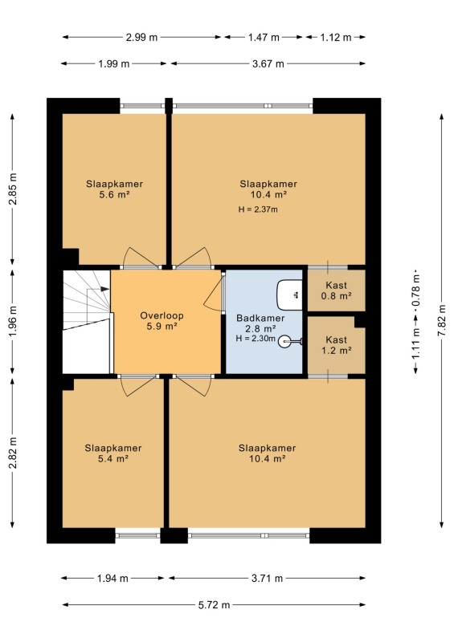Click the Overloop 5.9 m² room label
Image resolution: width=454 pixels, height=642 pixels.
pyautogui.click(x=162, y=321)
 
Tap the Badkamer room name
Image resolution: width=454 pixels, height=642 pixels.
pyautogui.click(x=260, y=318)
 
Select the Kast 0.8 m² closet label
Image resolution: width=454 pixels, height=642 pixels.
pyautogui.click(x=337, y=291)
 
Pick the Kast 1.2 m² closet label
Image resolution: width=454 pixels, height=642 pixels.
pyautogui.click(x=337, y=345)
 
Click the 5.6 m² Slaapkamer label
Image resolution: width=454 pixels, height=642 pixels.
pyautogui.click(x=114, y=189)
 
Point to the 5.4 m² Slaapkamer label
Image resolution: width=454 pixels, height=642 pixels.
pyautogui.click(x=113, y=453)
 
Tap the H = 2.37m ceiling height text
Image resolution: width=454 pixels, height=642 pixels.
pyautogui.click(x=258, y=209)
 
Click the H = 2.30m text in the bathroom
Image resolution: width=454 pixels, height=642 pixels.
pyautogui.click(x=256, y=339)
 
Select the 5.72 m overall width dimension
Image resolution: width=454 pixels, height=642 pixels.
pyautogui.click(x=214, y=605)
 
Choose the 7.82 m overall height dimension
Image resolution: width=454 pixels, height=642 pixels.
pyautogui.click(x=442, y=320)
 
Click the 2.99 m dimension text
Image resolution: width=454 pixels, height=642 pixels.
pyautogui.click(x=141, y=37)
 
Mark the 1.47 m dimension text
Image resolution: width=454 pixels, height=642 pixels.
pyautogui.click(x=264, y=37)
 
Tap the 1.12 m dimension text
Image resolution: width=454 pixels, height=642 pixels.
pyautogui.click(x=336, y=37)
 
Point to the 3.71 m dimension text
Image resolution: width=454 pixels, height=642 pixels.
pyautogui.click(x=267, y=578)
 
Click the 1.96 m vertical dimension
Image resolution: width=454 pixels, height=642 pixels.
pyautogui.click(x=13, y=322)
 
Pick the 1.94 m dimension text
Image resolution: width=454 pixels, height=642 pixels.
pyautogui.click(x=112, y=578)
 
